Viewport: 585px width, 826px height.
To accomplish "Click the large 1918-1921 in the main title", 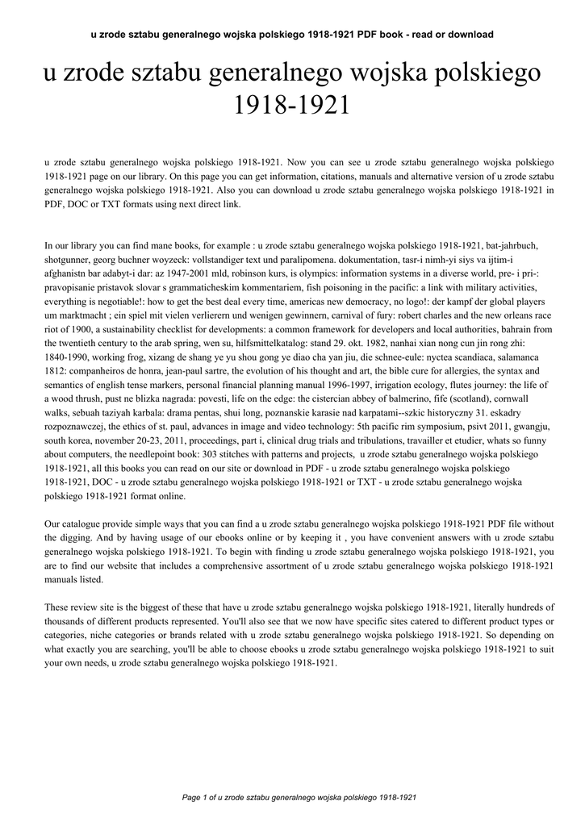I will click(x=291, y=105).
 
